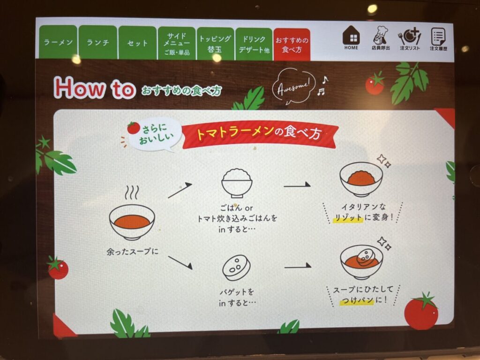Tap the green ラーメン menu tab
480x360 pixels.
(58, 42)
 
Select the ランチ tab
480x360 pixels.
(98, 42)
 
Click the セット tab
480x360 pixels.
(137, 43)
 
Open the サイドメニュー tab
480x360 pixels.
(177, 44)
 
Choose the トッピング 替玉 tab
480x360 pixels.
(215, 44)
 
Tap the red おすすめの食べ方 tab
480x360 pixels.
(292, 45)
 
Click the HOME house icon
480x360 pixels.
(351, 37)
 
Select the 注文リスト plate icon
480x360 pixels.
(410, 39)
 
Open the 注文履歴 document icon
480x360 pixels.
(438, 39)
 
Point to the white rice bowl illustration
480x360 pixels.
(237, 183)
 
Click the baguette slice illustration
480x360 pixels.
(236, 268)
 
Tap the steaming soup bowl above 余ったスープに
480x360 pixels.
(132, 213)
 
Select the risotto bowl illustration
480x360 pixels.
(361, 179)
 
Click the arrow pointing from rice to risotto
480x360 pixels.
(297, 185)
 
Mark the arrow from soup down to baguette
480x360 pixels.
(180, 263)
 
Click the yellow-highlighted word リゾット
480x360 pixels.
(348, 217)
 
